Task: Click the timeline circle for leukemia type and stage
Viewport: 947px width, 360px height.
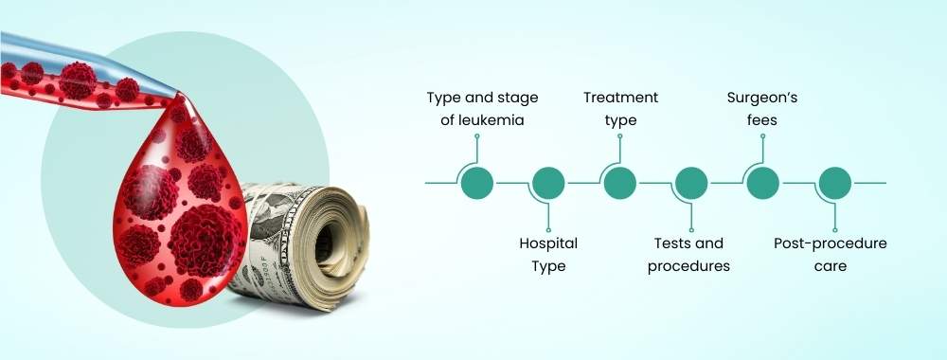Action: coord(476,183)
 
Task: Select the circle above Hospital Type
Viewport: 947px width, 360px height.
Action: coord(548,183)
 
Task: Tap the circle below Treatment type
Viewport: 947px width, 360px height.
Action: coord(619,183)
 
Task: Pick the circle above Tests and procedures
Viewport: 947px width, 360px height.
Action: coord(690,183)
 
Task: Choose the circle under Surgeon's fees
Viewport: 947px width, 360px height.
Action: coord(762,183)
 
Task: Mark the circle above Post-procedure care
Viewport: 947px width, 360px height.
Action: coord(833,183)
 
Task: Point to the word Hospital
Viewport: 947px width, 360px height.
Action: coord(548,243)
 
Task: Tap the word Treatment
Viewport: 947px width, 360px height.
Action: coord(620,98)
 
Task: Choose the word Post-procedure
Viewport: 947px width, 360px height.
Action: coord(830,243)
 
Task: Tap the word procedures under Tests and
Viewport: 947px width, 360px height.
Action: coord(688,266)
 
